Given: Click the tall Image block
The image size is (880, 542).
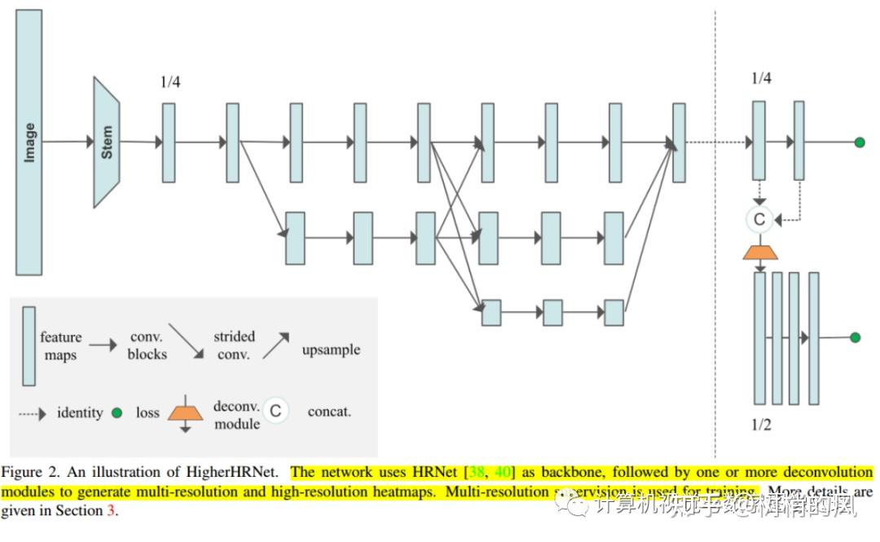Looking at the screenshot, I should pos(29,142).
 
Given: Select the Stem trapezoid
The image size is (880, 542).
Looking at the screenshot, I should pos(107,142).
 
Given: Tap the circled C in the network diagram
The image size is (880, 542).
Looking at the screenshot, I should pos(759,218).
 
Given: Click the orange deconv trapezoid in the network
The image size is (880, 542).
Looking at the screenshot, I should pos(759,250).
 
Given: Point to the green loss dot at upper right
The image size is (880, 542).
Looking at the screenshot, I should pos(859,143).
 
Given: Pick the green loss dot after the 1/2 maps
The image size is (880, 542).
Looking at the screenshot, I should pos(855,337).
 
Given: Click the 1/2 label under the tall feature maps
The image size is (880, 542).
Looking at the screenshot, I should pos(761,425).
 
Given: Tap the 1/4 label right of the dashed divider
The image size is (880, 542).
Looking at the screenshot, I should pos(761,78).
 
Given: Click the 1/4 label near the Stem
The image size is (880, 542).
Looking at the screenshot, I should pos(170,82).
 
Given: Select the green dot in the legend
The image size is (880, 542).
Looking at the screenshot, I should pos(117,413).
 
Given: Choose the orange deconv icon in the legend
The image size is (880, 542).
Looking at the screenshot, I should pos(185,412).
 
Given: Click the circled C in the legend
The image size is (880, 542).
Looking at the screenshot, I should pos(275,411).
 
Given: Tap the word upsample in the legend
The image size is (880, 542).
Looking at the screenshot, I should pos(331,350).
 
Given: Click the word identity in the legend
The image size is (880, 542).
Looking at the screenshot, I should pos(80,412).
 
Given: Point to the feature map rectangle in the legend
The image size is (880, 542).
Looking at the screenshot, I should pos(29,346).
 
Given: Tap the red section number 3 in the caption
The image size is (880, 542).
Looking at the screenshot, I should pos(112,512).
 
